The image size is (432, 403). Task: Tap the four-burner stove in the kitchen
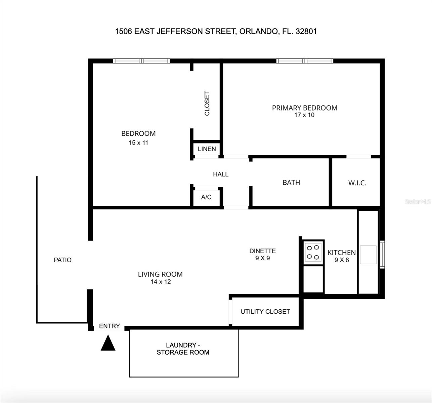[x=313, y=253]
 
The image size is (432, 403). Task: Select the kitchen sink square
[x=368, y=255]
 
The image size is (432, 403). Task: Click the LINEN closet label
[x=207, y=149]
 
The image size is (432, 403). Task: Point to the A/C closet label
[x=206, y=197]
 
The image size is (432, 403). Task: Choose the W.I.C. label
[x=357, y=183]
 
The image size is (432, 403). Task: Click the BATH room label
[x=291, y=182]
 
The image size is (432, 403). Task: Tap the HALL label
[x=220, y=174]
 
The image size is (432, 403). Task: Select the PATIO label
[x=62, y=260]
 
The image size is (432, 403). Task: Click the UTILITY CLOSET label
[x=265, y=312]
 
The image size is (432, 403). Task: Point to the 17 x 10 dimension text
[x=304, y=115]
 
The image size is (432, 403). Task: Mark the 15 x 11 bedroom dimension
[x=138, y=143]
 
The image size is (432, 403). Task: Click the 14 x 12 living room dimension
[x=161, y=282]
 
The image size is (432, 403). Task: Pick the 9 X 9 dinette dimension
[x=262, y=258]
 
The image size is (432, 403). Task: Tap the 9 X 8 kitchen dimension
[x=342, y=260]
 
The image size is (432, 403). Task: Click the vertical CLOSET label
[x=207, y=103]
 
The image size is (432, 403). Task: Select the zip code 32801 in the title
[x=306, y=32]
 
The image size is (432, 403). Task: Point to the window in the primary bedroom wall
[x=305, y=61]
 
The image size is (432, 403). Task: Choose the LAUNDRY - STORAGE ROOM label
[x=183, y=349]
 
